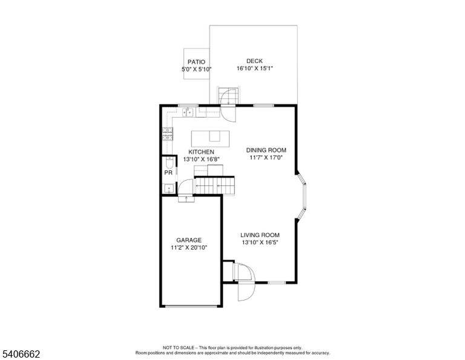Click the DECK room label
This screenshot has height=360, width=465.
click(254, 61)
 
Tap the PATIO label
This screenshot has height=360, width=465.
click(196, 62)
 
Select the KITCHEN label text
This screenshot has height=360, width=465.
click(201, 152)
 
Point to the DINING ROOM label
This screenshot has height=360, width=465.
click(266, 150)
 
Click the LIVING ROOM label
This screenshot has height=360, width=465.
click(260, 235)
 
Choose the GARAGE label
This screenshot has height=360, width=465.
click(189, 240)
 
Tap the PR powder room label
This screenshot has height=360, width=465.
click(168, 173)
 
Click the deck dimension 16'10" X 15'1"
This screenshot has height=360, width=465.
click(254, 68)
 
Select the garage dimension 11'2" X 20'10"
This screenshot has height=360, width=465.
click(189, 247)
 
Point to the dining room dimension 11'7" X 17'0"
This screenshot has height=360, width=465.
click(266, 158)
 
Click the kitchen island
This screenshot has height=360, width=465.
click(210, 139)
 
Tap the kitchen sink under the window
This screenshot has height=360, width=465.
click(188, 112)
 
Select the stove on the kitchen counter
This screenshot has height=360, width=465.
click(168, 134)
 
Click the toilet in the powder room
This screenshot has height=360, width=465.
click(169, 162)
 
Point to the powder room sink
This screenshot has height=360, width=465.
click(169, 188)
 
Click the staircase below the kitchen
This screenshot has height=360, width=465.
click(215, 186)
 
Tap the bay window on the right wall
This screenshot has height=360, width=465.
click(302, 196)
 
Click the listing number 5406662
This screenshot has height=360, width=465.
click(21, 354)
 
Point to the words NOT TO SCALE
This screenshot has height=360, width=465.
click(179, 347)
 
